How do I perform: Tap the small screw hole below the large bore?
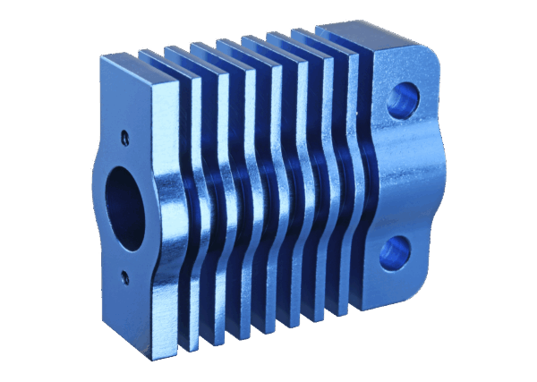[x=125, y=274]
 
